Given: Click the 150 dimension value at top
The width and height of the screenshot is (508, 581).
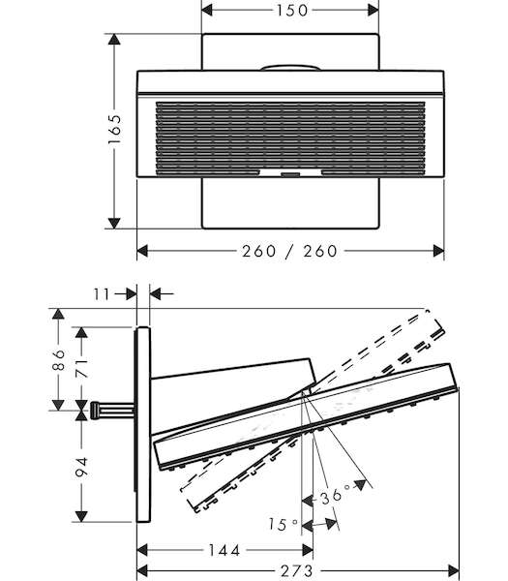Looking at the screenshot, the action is (292, 10).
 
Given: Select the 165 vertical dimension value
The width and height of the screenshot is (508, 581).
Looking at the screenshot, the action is (114, 130).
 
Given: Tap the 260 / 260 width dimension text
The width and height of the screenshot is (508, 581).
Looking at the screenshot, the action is (289, 251).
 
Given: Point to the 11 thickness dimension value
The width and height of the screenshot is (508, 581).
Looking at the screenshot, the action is (102, 294).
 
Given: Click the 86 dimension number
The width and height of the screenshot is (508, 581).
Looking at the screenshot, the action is (58, 360).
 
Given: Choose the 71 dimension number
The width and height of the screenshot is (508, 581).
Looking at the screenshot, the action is (82, 368).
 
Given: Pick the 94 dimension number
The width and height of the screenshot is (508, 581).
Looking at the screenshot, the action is (81, 468).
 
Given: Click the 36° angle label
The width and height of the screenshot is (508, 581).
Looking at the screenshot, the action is (335, 495).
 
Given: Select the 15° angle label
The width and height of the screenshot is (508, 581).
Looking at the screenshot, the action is (283, 524).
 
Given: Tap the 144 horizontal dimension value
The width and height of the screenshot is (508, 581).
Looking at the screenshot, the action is (224, 550).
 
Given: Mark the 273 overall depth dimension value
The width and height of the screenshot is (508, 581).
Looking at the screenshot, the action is (297, 570).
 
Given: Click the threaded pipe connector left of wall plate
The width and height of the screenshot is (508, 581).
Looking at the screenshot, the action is (112, 411).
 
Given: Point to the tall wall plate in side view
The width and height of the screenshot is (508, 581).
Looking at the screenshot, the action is (143, 424).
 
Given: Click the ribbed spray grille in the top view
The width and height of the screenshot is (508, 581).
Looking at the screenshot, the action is (290, 138).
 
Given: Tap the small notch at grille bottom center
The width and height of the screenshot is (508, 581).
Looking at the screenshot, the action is (290, 173).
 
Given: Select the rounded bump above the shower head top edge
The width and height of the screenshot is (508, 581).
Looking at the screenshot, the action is (290, 68).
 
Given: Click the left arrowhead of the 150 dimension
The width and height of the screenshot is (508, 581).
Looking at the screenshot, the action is (207, 10).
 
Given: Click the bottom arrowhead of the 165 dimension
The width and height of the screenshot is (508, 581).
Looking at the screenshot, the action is (114, 223).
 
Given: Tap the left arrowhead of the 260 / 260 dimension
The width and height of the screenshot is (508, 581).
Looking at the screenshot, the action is (143, 251).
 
